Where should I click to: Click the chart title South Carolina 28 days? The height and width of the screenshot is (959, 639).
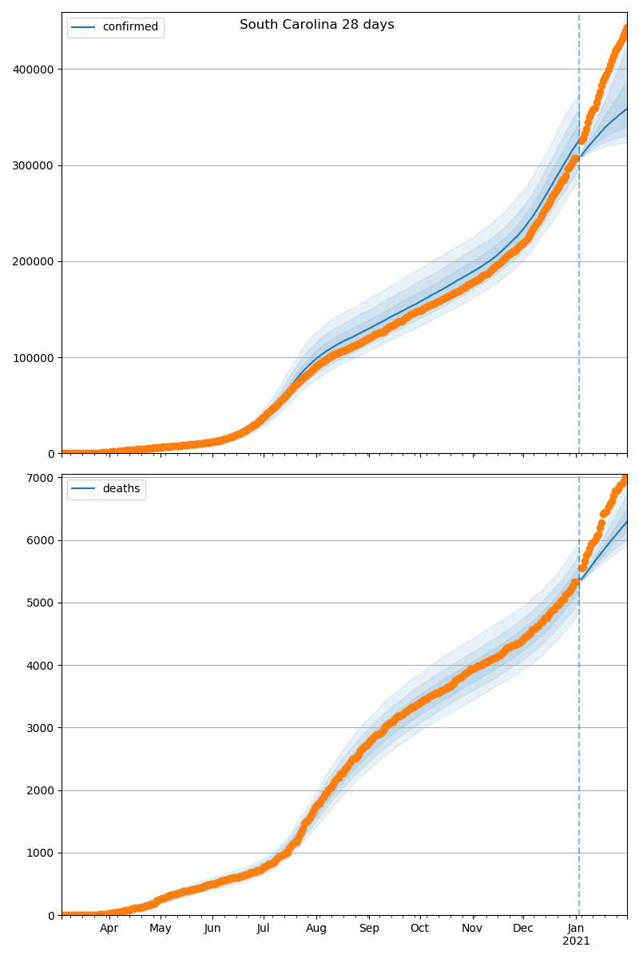(x=316, y=25)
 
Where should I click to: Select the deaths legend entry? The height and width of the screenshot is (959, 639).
(x=121, y=489)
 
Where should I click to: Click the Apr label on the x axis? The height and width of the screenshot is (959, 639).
(x=109, y=929)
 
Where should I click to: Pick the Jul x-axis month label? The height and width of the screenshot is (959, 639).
(x=264, y=929)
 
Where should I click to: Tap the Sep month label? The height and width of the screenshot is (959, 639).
(x=369, y=929)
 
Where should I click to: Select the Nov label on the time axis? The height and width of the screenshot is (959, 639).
(x=473, y=929)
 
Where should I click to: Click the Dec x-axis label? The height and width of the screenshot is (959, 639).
(x=523, y=929)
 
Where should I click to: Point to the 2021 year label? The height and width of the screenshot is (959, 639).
(x=576, y=941)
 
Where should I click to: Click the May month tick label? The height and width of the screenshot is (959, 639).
(x=161, y=929)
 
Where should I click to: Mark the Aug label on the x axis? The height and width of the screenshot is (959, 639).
(x=316, y=929)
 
